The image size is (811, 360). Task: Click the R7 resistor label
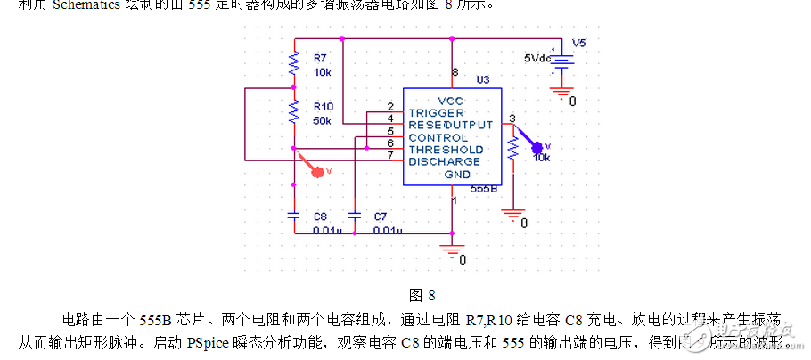[320, 58]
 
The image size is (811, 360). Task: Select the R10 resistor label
[323, 105]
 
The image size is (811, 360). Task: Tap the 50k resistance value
[323, 119]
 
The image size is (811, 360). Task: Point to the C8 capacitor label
[320, 217]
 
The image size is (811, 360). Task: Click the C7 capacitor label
[381, 217]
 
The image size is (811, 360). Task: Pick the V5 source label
[579, 43]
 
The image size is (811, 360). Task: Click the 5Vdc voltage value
[539, 58]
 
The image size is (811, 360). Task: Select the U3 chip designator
[483, 79]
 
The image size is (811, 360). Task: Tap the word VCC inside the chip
[450, 101]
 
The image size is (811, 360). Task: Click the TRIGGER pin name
[436, 113]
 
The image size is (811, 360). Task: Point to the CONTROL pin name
[438, 138]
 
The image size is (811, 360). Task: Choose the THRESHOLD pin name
[446, 150]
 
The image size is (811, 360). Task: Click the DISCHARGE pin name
[444, 162]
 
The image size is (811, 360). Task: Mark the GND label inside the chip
[457, 175]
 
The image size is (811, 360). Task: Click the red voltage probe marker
[316, 171]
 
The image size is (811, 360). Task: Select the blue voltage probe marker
[537, 147]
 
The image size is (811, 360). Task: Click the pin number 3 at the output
[512, 119]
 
